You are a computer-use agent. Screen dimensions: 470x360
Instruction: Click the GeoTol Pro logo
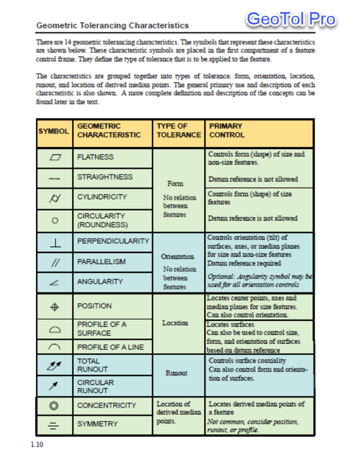291,19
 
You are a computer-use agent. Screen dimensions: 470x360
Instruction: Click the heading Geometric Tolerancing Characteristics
113,26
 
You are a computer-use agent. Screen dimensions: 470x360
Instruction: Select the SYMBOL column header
54,131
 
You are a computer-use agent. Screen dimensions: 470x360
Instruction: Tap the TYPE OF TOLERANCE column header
178,130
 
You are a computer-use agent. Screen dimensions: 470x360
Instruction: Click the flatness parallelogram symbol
55,157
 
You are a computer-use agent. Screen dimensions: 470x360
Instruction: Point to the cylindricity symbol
55,197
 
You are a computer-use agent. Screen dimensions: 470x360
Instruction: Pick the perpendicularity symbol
55,242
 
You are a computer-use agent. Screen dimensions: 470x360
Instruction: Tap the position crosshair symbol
54,306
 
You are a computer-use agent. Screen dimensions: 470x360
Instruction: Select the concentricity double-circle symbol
54,406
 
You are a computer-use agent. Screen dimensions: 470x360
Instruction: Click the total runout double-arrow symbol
54,366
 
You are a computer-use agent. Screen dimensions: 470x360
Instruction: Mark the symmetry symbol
54,424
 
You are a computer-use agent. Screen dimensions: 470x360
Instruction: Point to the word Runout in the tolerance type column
177,373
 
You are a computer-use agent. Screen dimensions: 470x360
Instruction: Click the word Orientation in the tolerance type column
178,257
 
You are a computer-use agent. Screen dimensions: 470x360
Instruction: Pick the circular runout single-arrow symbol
54,386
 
